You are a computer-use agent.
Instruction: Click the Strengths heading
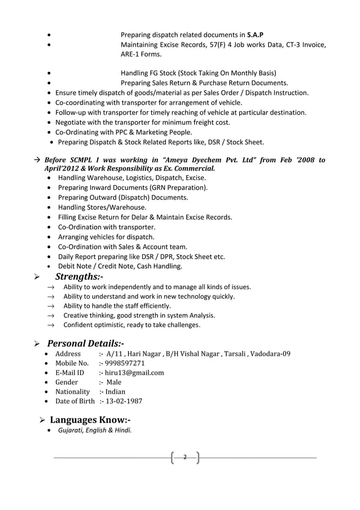[78, 277]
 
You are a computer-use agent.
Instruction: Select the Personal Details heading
[85, 343]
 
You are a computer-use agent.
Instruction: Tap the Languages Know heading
[90, 420]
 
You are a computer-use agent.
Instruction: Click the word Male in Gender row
[114, 382]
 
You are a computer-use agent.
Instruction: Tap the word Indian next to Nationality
[115, 392]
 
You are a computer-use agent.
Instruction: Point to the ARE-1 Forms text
[141, 55]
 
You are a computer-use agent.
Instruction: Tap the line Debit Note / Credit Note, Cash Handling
[120, 266]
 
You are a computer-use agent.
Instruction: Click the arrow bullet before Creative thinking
[50, 316]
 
